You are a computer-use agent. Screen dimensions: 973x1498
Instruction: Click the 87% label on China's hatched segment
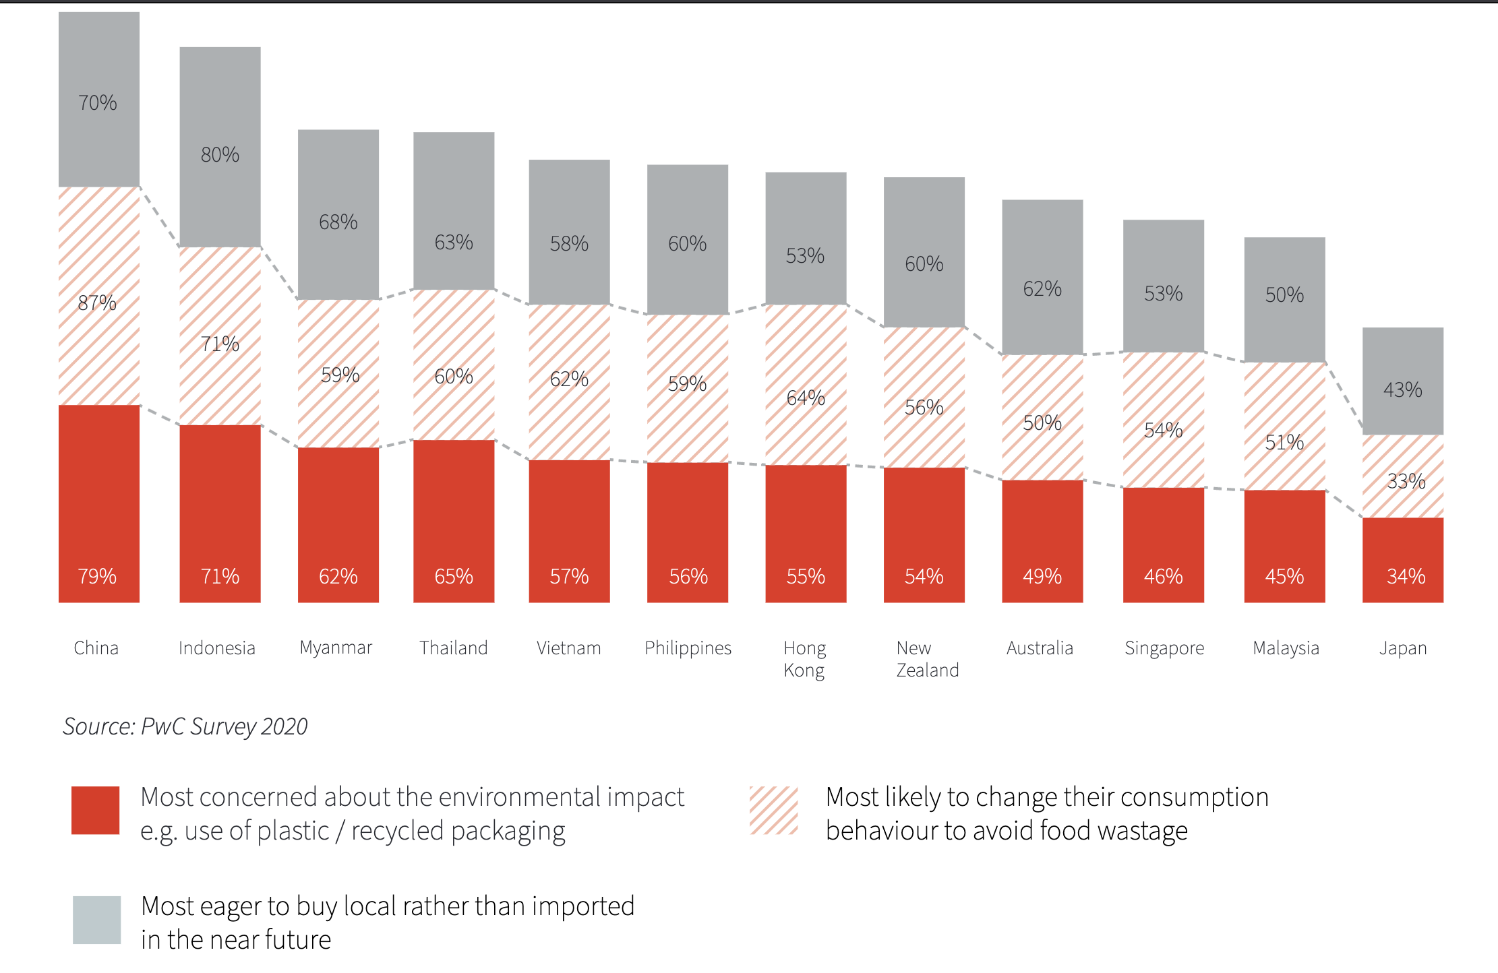[97, 303]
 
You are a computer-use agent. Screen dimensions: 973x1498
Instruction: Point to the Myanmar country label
[336, 648]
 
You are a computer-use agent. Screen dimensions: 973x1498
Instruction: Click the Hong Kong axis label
[804, 658]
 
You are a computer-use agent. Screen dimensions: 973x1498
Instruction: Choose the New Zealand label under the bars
[927, 658]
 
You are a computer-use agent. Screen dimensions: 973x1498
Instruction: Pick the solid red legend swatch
[96, 810]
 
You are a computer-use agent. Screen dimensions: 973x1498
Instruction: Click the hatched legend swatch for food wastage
[773, 810]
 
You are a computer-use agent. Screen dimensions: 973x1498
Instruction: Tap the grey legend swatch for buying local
[97, 920]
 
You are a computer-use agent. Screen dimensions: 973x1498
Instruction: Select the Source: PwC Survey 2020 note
[185, 726]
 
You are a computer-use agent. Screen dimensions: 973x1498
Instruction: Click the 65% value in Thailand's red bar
[454, 576]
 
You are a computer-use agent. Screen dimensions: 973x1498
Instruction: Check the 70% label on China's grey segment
[98, 102]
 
